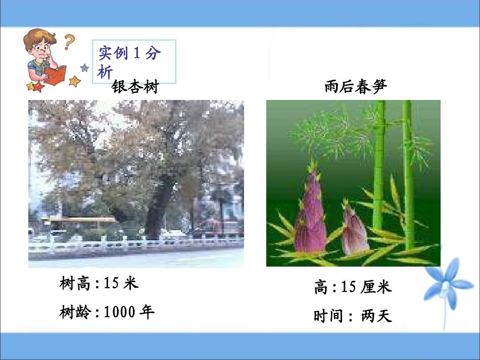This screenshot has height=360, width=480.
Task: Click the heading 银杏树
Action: [x=135, y=87]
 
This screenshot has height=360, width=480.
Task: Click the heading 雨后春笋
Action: [x=356, y=87]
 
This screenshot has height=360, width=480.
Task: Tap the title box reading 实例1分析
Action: [x=134, y=62]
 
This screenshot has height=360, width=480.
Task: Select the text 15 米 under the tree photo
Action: [x=121, y=284]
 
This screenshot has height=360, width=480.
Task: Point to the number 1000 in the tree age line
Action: [x=119, y=313]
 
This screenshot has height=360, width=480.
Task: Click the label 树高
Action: [x=74, y=284]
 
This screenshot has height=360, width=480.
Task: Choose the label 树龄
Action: [x=74, y=313]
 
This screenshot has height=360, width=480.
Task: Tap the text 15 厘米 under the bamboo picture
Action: [x=366, y=287]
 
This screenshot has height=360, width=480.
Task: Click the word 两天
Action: [x=376, y=317]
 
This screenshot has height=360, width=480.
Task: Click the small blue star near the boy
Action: [x=84, y=67]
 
